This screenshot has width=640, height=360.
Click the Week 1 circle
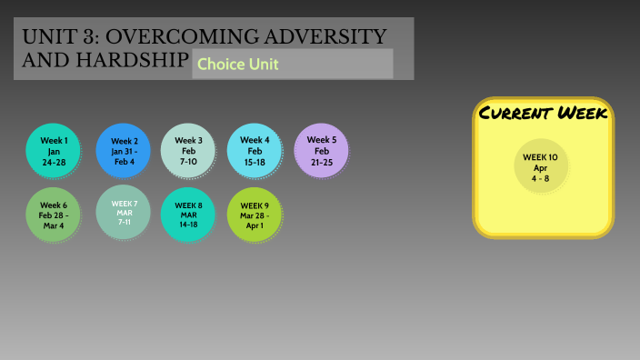point(54,150)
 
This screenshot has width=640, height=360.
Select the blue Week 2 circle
point(124,150)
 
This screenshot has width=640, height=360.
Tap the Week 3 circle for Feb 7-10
point(188,150)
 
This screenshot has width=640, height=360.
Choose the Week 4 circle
point(255,150)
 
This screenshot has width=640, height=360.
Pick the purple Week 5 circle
point(321,149)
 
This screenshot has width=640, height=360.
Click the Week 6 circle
point(54,215)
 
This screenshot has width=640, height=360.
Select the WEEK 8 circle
point(188,215)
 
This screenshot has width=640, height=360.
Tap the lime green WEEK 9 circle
point(255,215)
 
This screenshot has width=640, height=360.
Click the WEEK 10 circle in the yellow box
point(541,167)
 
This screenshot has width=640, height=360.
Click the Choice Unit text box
point(292,65)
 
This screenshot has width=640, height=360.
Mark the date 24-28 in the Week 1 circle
point(54,162)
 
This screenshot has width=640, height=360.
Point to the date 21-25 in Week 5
point(321,161)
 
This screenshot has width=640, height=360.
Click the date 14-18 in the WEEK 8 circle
point(188,224)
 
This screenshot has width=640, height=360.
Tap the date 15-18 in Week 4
point(255,161)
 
